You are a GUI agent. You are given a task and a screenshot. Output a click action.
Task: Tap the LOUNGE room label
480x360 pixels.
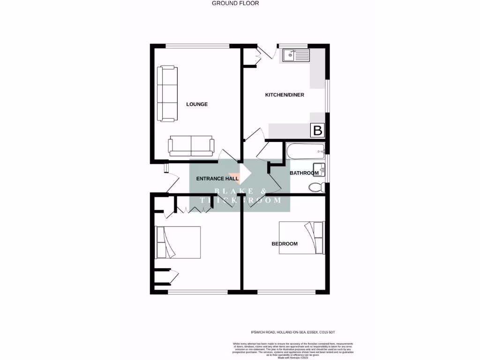coord(197,104)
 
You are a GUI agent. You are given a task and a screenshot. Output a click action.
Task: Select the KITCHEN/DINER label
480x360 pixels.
coord(285,95)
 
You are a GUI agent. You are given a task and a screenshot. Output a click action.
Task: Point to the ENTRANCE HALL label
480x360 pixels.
coord(217,179)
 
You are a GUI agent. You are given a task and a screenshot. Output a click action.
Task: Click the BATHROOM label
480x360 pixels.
coord(304,173)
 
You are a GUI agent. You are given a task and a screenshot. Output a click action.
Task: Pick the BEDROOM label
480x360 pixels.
coord(285,244)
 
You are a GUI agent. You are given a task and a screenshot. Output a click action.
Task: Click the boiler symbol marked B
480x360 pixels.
coord(317,130)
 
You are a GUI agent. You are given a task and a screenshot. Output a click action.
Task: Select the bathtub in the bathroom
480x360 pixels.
coord(305,151)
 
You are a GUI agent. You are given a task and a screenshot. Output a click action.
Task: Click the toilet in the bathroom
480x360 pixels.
coord(317,187)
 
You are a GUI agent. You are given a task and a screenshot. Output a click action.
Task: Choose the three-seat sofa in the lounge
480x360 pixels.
coord(167,92)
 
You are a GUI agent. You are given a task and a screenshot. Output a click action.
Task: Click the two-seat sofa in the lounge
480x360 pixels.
coord(191,146)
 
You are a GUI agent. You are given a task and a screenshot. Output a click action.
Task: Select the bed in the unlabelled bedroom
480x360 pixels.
coord(178,242)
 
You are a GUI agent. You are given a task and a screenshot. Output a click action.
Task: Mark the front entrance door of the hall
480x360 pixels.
coord(173,183)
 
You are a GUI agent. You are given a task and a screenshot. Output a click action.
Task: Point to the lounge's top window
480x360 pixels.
coord(197,45)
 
